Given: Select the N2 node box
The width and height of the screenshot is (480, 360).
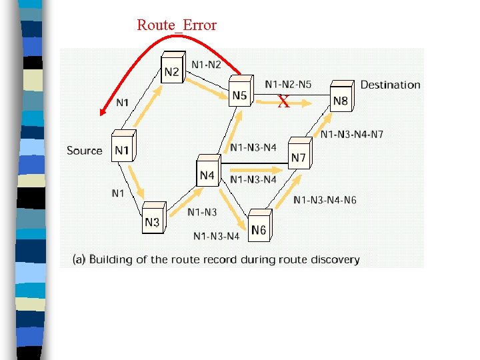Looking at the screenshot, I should pos(171,71).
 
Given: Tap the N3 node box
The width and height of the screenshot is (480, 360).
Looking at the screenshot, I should pos(152,221).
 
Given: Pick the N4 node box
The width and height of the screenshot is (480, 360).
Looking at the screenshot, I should pos(207,174).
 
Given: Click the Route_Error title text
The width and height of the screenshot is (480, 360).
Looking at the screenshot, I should pos(177,25).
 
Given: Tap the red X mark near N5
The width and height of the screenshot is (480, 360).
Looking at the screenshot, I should pos(283,102).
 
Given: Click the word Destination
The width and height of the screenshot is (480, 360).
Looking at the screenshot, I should pos(390,85).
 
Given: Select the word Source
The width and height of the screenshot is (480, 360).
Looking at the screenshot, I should pos(85,151).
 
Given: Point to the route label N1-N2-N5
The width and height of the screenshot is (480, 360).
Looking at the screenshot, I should pos(288,84).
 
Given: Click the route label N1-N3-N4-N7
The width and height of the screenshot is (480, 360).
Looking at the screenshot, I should pos(351,135).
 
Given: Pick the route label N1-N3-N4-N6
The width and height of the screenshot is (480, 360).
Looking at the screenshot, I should pos(325,199).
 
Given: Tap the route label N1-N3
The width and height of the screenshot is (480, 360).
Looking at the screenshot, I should pos(201,212).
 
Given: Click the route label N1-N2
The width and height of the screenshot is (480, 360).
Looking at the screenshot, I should pos(206,64).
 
